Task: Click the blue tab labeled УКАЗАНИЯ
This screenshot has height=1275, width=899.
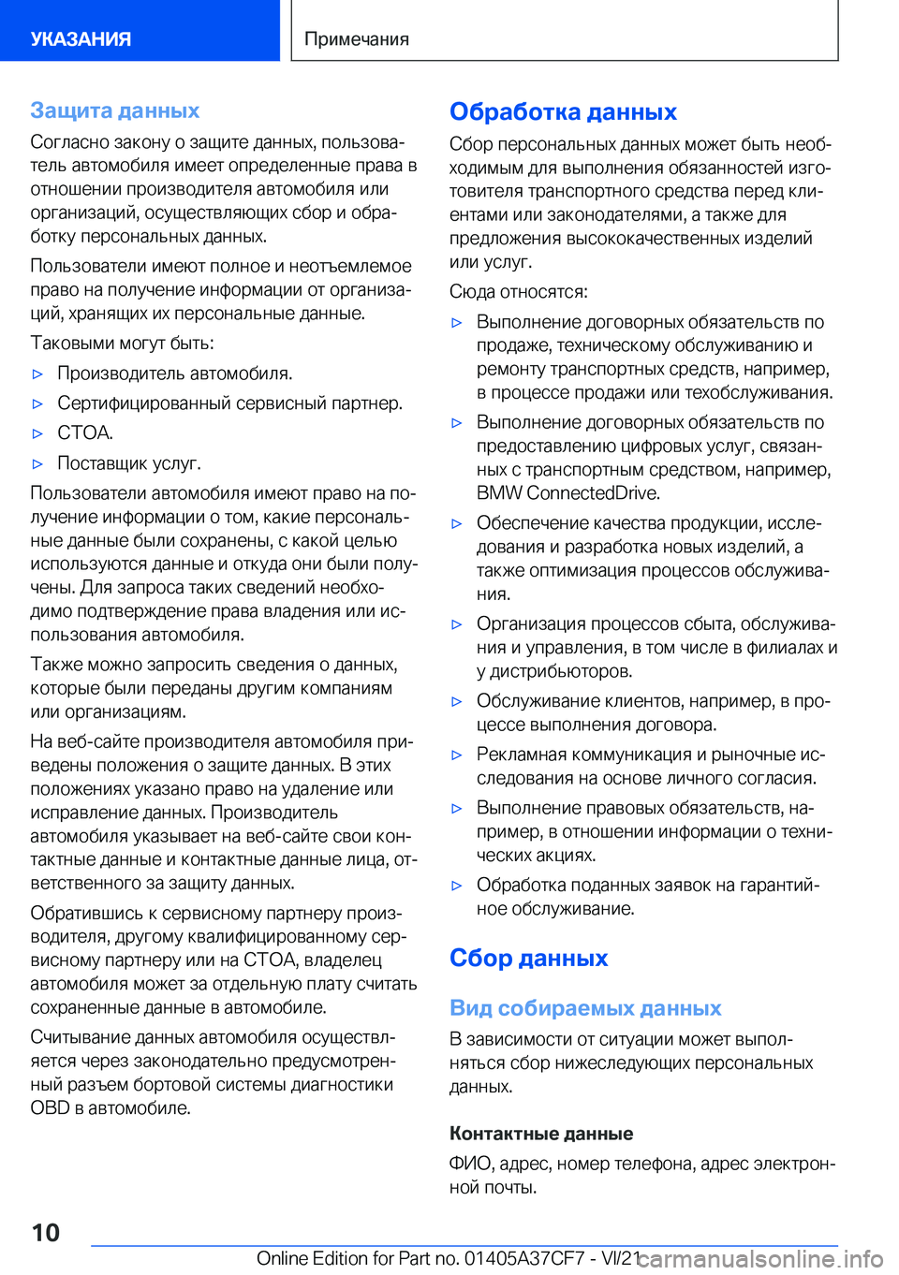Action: click(81, 39)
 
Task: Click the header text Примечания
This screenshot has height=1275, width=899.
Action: click(357, 39)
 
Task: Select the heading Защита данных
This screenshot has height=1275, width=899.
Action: click(114, 110)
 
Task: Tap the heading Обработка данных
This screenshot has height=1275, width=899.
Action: click(563, 111)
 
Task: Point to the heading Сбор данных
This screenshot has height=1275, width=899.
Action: click(528, 958)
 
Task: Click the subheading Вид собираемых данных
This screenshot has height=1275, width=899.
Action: click(585, 1008)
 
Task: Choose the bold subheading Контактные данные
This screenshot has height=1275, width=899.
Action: click(541, 1134)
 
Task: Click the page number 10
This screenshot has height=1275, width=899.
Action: click(45, 1232)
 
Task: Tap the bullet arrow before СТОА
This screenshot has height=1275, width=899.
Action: click(38, 433)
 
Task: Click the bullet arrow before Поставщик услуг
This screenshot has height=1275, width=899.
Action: click(38, 463)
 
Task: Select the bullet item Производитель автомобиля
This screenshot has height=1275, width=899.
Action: click(175, 374)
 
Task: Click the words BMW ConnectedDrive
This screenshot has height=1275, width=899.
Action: click(567, 493)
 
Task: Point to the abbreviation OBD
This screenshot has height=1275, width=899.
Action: click(50, 1108)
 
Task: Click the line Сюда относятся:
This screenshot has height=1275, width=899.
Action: click(519, 292)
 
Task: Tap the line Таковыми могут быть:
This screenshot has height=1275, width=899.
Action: click(122, 344)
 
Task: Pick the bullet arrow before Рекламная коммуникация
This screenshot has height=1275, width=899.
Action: click(457, 755)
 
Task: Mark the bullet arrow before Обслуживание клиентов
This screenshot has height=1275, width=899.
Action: click(457, 701)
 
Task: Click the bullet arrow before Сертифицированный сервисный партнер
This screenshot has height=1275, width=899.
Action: click(38, 403)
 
